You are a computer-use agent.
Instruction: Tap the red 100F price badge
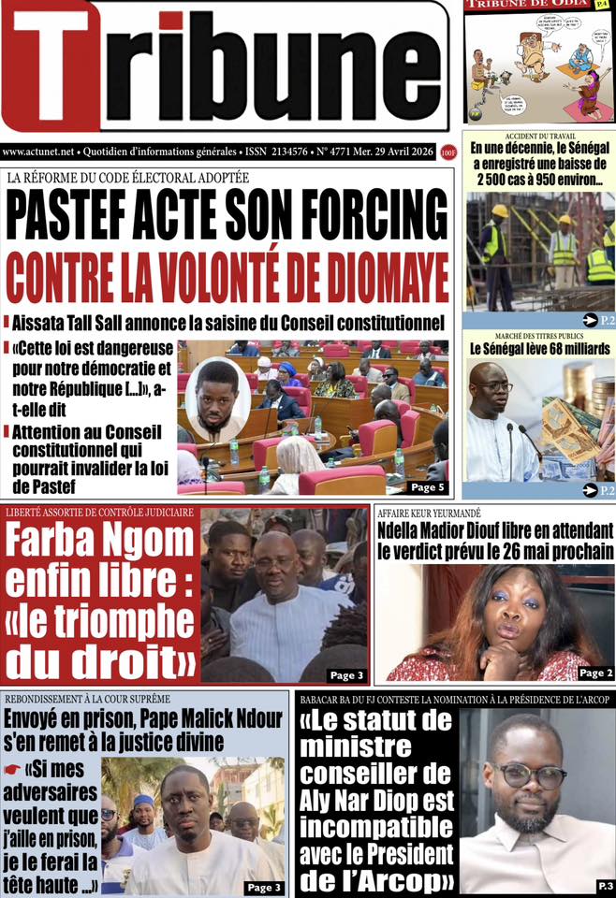pos(449,151)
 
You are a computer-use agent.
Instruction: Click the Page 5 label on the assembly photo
pos(426,486)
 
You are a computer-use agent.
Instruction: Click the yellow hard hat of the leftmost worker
pos(501,211)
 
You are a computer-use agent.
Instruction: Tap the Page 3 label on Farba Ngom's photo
pos(345,674)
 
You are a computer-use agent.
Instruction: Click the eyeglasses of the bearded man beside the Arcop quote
pos(530,775)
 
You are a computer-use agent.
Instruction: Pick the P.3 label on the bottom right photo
pos(604,885)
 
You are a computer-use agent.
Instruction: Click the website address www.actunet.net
pos(38,151)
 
